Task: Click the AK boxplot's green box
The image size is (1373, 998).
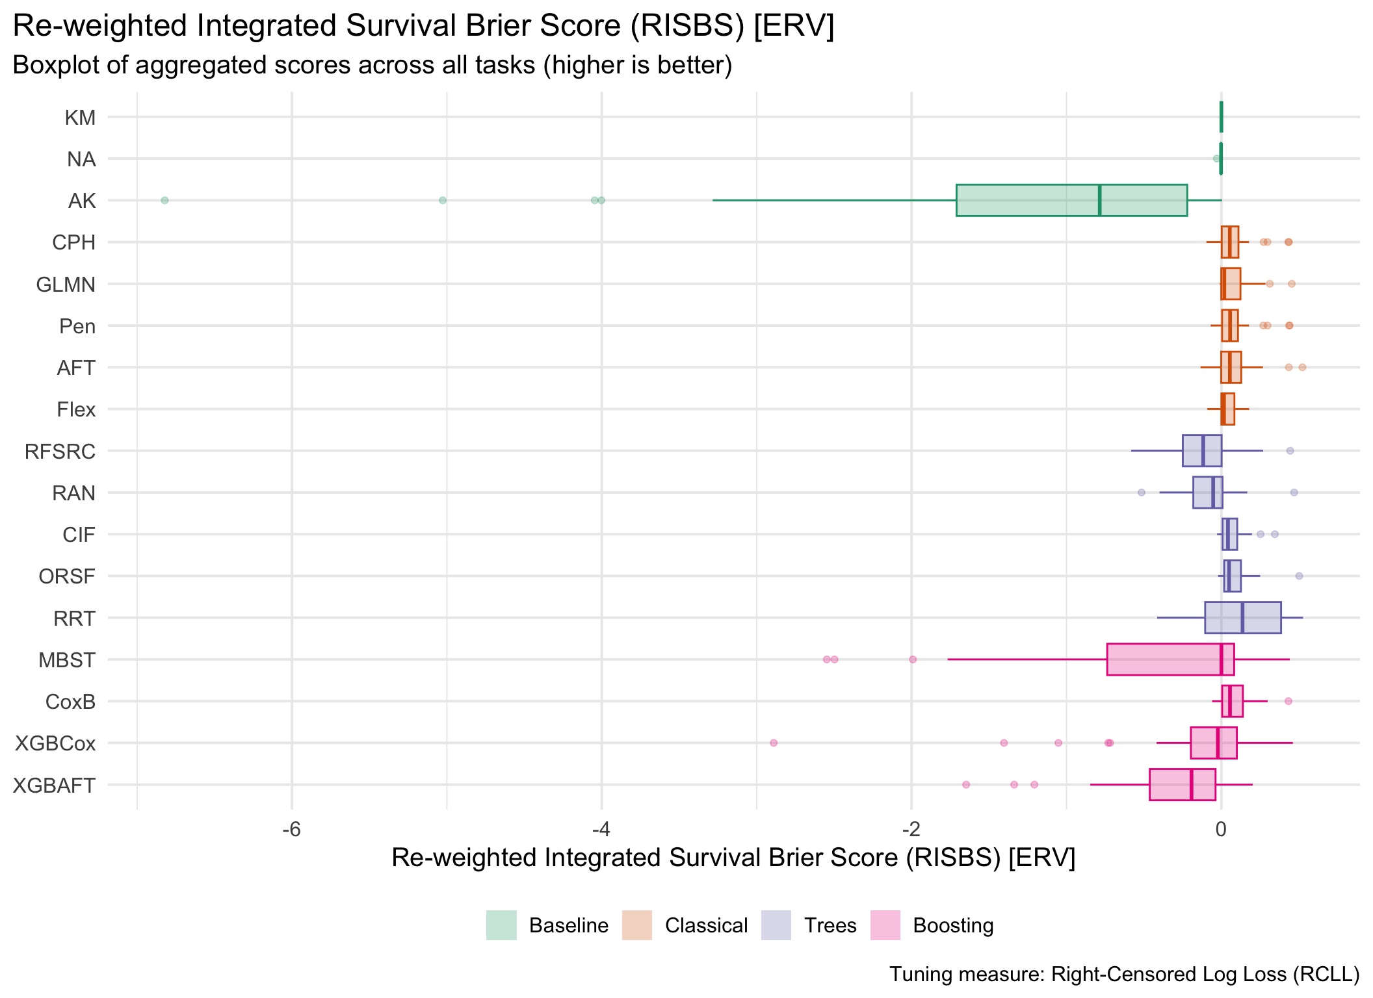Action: coord(1071,200)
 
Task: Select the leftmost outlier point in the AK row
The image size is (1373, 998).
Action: coord(164,200)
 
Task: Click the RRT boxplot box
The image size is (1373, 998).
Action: coord(1242,618)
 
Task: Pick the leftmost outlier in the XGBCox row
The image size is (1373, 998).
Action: coord(774,743)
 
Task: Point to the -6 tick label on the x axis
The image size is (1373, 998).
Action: coord(292,830)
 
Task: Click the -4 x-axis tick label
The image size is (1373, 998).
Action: coord(601,830)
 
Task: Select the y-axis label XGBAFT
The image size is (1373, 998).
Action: coord(54,786)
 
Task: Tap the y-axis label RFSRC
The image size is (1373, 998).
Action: coord(60,452)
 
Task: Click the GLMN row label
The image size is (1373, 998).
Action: coord(66,285)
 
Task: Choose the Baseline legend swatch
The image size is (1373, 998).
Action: coord(501,925)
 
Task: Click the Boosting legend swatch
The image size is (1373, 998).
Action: coord(885,925)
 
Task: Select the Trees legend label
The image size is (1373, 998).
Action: coord(830,925)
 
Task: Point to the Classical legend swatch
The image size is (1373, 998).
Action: coord(637,925)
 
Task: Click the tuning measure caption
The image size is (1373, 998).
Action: coord(1124,974)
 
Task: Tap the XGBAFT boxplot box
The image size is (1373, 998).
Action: coord(1182,784)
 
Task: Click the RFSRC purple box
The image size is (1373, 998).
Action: coord(1201,451)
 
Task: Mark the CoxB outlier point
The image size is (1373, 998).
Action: coord(1288,701)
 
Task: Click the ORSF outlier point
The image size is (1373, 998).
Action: coord(1299,576)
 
